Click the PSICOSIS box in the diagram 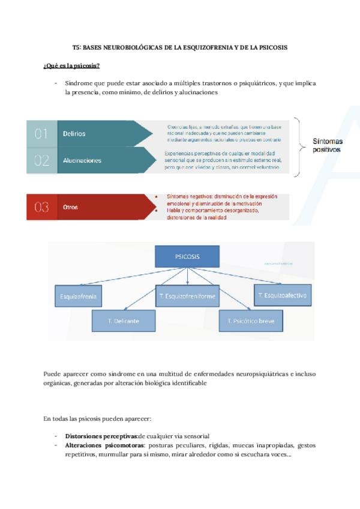click(188, 257)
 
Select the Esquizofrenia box click(78, 296)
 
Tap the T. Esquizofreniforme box click(187, 296)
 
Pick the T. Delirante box click(124, 321)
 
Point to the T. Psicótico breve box click(251, 321)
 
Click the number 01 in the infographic click(41, 134)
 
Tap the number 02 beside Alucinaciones click(41, 160)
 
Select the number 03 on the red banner click(41, 207)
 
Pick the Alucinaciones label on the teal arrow click(82, 160)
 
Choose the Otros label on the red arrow click(70, 207)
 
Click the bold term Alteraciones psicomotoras click(104, 445)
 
